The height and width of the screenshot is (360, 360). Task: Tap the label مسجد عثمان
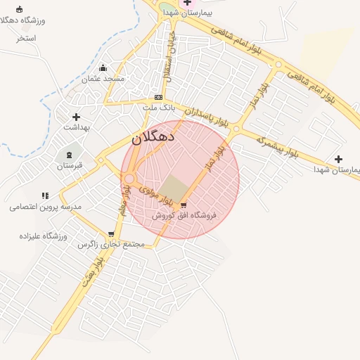click(104, 79)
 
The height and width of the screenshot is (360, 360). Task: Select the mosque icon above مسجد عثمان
click(104, 68)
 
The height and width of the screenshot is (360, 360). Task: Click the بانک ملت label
click(158, 108)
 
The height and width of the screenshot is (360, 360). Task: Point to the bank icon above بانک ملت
click(158, 98)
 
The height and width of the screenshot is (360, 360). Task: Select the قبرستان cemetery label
click(70, 165)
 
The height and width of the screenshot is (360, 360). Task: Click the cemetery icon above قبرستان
click(70, 155)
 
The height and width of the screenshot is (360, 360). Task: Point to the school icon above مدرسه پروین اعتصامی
click(45, 196)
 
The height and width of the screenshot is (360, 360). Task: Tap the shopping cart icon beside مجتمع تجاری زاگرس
click(111, 234)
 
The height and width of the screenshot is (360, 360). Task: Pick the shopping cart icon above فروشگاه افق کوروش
click(184, 205)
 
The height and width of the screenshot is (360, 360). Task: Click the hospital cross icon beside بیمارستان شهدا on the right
click(339, 160)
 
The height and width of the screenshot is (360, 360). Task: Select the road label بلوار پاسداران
click(207, 116)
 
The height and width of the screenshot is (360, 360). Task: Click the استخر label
click(27, 37)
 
